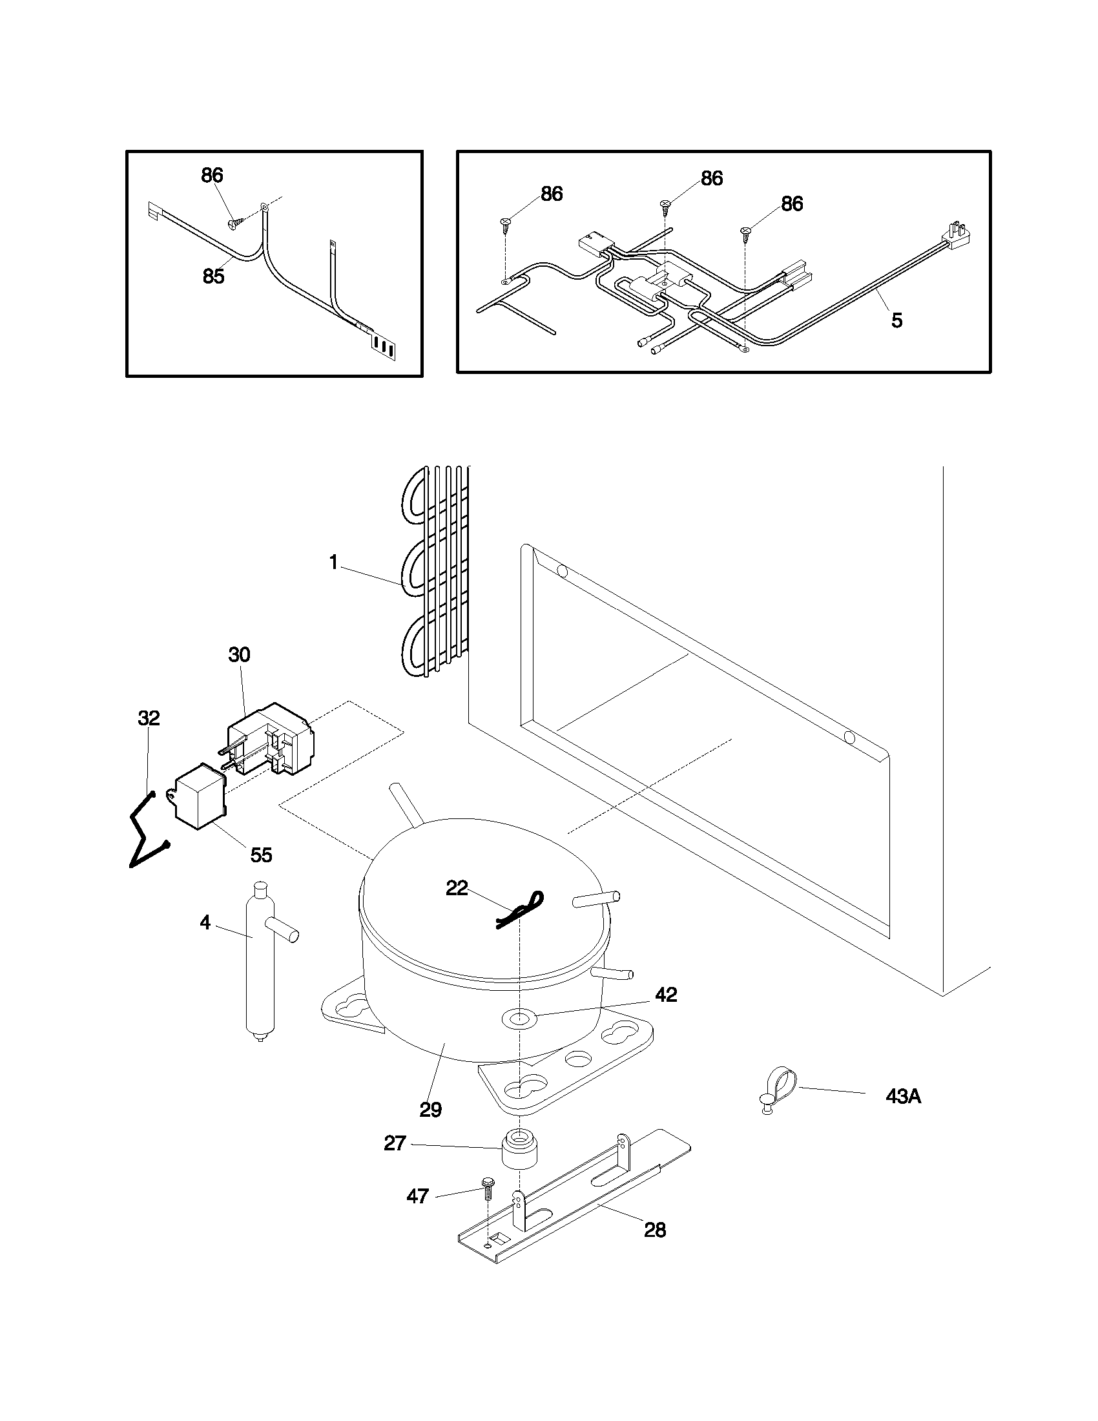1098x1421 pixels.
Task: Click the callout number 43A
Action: [903, 1096]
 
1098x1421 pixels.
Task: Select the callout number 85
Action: [213, 276]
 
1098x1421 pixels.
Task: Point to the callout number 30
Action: [239, 654]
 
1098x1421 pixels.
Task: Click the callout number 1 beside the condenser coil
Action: [334, 563]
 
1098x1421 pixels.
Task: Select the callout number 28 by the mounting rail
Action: [655, 1230]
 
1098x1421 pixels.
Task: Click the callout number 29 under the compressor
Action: [431, 1109]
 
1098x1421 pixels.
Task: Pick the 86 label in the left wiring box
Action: [212, 175]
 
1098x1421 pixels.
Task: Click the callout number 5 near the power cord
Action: [896, 320]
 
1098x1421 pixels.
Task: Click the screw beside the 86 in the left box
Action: [236, 223]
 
